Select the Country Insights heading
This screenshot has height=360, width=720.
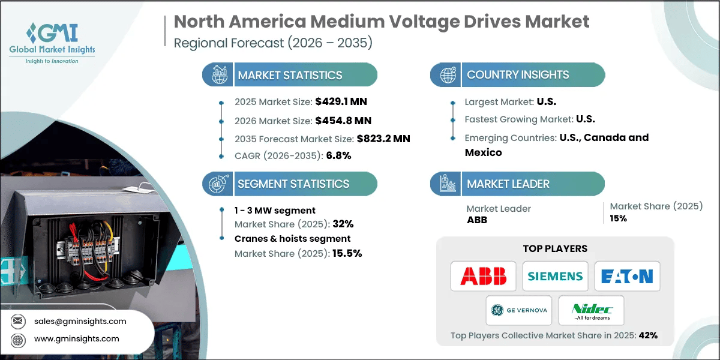(x=518, y=75)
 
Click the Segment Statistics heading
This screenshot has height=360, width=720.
(x=293, y=184)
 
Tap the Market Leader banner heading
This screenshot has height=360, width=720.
(x=508, y=184)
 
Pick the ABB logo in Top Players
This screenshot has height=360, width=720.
(x=483, y=276)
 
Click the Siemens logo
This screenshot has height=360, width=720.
(x=555, y=276)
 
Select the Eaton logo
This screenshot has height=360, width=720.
(x=627, y=276)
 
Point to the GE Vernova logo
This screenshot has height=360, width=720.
(x=519, y=310)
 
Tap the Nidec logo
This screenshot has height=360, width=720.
(x=591, y=310)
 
